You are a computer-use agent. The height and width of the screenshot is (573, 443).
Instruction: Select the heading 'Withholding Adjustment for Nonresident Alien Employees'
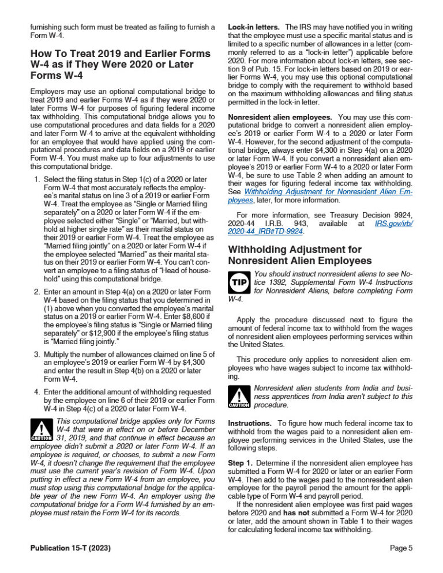coord(295,255)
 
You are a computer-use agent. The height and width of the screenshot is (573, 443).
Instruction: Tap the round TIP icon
coord(238,282)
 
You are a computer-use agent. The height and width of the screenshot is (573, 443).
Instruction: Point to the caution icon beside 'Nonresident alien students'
coord(238,397)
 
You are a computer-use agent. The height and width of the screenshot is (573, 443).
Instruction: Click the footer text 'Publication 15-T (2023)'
coord(70,548)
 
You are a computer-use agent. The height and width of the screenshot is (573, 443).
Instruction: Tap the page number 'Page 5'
coord(401,548)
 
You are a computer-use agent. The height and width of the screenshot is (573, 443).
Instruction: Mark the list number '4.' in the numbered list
coord(36,392)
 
